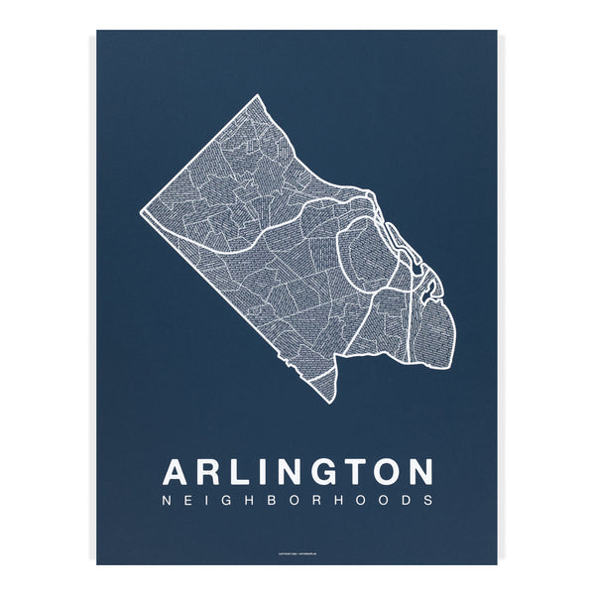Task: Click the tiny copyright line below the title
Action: [297, 554]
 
